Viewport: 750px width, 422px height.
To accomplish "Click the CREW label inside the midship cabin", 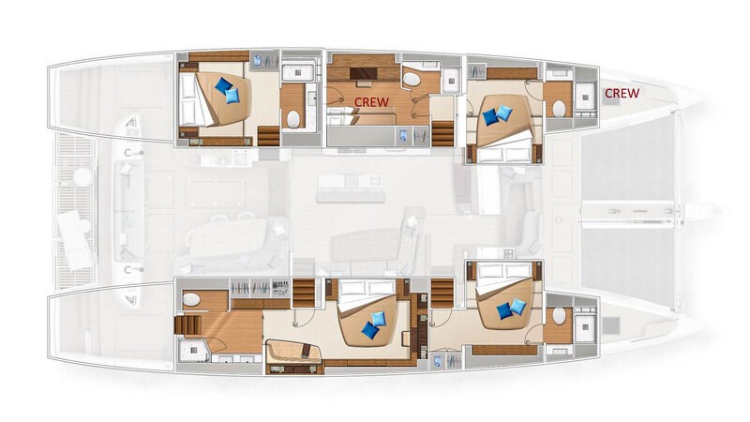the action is point(371,101).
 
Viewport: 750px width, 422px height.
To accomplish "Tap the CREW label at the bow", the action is point(622,93).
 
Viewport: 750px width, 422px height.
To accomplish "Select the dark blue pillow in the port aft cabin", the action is point(223,86).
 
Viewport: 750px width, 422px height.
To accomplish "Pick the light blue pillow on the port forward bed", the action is point(503,113).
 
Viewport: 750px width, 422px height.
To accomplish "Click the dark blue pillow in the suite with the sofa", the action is point(370,330).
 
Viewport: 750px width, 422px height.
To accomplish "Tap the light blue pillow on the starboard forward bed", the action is point(517,307).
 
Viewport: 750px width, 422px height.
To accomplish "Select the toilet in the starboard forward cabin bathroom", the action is point(558,316).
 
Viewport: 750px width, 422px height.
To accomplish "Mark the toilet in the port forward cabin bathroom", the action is point(559,109).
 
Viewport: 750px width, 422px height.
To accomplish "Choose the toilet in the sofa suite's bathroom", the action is point(191,299).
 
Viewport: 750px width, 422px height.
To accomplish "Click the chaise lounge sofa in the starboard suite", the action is point(292,353).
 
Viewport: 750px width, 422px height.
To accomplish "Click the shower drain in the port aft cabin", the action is point(298,73).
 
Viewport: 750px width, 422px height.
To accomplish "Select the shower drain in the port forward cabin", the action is point(585,98).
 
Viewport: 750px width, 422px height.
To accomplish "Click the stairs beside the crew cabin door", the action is point(442,133).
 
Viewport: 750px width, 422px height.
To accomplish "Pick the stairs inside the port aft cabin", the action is point(268,136).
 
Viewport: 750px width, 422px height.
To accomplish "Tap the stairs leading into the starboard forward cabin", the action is point(442,293).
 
